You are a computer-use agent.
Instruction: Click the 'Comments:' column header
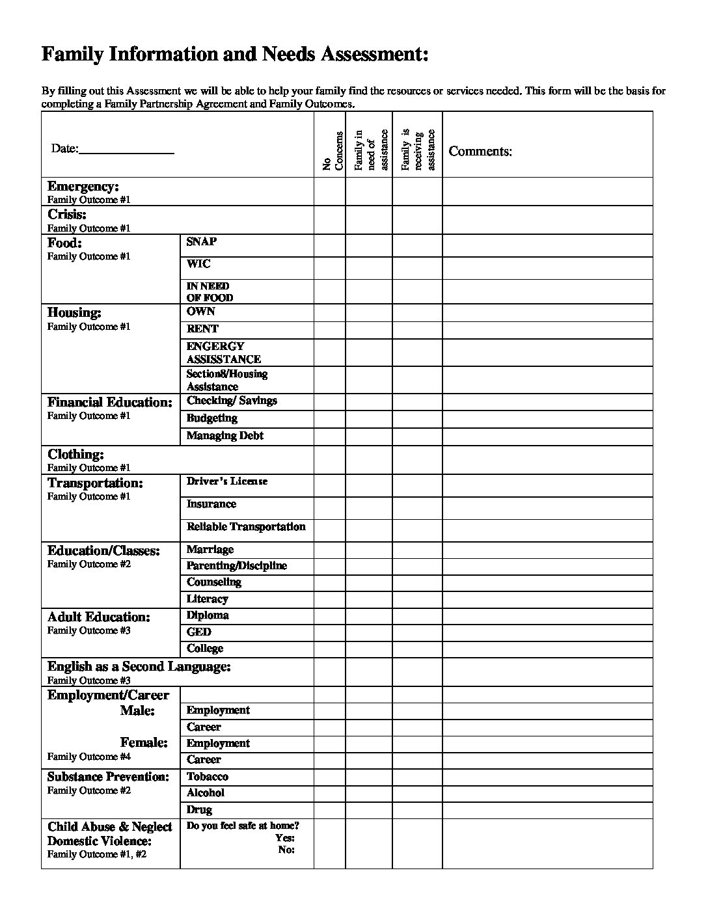[480, 152]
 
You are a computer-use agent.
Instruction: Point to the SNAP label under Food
[201, 241]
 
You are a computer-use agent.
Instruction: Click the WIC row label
[198, 263]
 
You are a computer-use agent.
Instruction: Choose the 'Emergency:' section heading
[83, 187]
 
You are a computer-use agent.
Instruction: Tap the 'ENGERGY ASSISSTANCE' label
[223, 353]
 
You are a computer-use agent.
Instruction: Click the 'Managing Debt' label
[225, 436]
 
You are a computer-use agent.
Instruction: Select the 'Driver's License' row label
[226, 481]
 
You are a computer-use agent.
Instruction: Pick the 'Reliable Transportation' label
[245, 526]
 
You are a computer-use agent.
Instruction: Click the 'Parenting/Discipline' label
[236, 566]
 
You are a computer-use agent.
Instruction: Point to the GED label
[198, 632]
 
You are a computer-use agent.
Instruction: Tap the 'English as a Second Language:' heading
[139, 667]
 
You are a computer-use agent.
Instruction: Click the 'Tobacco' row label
[207, 777]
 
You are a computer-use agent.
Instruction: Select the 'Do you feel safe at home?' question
[243, 826]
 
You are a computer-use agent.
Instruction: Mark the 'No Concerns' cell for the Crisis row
[329, 220]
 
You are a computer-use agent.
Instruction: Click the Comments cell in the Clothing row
[547, 460]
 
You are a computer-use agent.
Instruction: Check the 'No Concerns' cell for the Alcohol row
[329, 793]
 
